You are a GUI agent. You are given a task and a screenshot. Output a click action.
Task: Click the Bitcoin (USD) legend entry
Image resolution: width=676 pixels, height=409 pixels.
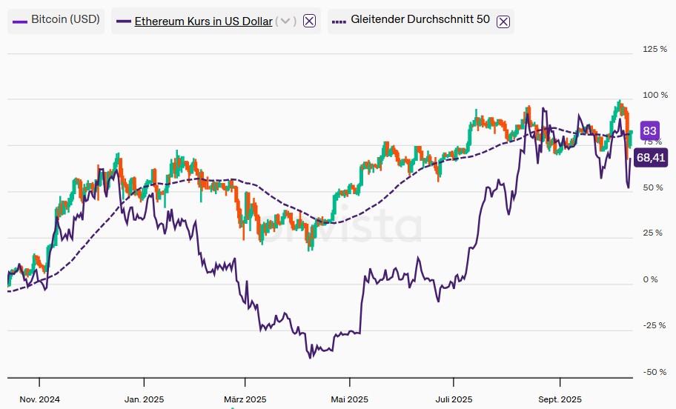click(x=56, y=20)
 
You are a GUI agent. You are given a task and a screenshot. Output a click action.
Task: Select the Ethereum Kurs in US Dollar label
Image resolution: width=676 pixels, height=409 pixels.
click(x=203, y=21)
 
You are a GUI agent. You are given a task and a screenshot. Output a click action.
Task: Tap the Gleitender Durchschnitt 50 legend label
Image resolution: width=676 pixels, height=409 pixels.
click(x=420, y=20)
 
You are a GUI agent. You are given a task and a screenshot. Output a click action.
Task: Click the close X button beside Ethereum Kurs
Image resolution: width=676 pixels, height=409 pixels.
click(x=310, y=21)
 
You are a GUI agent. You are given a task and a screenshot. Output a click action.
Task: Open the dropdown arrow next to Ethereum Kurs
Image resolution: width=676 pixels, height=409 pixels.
click(x=286, y=21)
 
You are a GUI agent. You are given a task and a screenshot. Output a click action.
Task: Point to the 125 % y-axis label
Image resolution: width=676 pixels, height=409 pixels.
click(x=655, y=49)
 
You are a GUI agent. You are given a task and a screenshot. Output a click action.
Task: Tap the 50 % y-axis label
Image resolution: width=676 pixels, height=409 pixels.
click(x=653, y=187)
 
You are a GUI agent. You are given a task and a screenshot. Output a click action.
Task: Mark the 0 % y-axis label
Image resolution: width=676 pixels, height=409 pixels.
click(x=651, y=279)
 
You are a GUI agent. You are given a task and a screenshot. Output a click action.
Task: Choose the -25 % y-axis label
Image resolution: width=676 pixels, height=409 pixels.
click(x=653, y=325)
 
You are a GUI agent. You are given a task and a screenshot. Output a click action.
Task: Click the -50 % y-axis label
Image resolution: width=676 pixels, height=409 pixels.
click(x=653, y=372)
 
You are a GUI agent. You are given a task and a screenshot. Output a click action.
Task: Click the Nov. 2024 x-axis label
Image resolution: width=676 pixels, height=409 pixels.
click(x=40, y=399)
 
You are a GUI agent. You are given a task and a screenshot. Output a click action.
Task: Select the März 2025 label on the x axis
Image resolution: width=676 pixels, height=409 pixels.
click(x=245, y=399)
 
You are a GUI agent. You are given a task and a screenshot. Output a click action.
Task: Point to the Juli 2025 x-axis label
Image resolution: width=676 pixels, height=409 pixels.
click(x=454, y=399)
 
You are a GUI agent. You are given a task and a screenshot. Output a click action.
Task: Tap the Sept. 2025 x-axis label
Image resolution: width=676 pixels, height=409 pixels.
click(x=560, y=399)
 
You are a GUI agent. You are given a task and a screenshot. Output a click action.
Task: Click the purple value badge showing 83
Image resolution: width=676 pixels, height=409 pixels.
click(x=649, y=131)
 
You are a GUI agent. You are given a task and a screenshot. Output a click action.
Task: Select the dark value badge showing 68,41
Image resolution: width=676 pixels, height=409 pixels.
click(x=651, y=157)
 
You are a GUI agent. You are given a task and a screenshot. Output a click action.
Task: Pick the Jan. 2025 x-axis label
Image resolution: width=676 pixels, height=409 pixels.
click(x=144, y=399)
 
